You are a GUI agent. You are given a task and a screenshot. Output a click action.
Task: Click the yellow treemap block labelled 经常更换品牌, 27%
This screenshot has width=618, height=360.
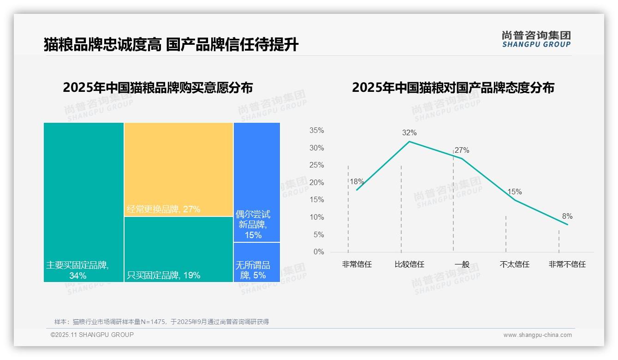point(178,169)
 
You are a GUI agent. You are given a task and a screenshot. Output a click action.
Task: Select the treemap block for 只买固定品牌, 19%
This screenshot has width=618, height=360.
point(178,249)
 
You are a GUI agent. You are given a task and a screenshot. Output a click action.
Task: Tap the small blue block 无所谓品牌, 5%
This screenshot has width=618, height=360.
point(256,262)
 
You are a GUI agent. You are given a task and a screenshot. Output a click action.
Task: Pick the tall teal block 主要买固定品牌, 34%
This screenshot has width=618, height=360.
point(83,202)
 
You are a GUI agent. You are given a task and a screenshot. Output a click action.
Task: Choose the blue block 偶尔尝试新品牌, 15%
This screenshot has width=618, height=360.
point(256,182)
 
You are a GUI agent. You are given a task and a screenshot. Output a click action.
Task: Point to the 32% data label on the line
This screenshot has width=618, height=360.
point(409,133)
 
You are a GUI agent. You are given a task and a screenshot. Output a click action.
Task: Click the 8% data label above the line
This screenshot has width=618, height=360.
point(567,216)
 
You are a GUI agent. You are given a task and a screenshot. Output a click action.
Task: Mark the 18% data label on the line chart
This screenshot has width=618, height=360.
point(357,182)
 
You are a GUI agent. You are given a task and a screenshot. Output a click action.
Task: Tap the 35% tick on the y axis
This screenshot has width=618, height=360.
point(316,131)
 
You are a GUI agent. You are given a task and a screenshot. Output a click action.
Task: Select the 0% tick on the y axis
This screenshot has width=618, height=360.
point(319,252)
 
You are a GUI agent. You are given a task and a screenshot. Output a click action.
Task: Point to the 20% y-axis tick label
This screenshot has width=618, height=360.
point(316,183)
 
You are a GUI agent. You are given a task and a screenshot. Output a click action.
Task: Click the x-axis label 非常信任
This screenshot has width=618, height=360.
point(357,264)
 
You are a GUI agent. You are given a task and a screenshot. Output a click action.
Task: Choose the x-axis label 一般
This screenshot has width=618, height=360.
point(462,264)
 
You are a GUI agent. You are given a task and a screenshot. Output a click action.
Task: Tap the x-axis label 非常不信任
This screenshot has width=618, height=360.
point(567,264)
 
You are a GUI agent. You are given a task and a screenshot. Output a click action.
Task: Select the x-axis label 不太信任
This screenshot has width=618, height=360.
point(514,264)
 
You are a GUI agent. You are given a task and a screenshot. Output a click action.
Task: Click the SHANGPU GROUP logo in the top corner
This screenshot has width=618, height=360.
point(536,39)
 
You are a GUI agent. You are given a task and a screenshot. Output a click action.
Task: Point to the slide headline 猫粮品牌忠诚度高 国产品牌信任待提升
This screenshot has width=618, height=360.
point(171,45)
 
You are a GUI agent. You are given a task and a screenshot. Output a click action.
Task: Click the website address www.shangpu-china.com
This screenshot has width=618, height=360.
point(537,335)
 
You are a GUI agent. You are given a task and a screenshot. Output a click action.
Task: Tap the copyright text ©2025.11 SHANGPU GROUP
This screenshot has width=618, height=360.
point(92,335)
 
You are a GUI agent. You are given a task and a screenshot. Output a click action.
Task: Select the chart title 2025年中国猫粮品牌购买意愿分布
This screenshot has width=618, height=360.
point(158,88)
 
